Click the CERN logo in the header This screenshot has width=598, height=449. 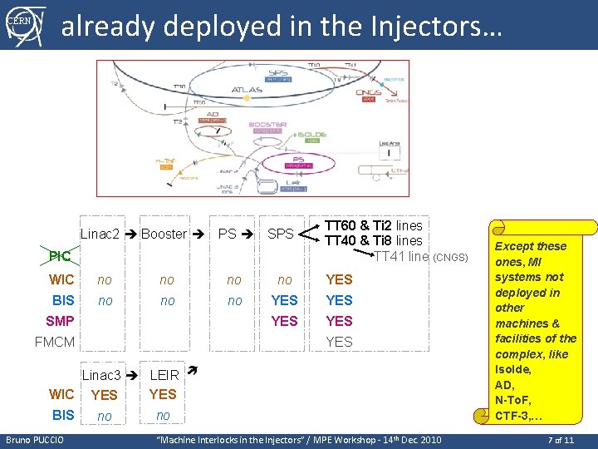point(24,24)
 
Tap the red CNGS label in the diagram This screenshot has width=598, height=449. point(368,93)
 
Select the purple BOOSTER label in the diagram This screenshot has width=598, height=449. point(267,126)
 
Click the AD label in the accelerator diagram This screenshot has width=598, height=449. point(213,115)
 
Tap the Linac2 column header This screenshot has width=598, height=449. point(100,234)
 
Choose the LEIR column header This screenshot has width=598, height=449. point(164,376)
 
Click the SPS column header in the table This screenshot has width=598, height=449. point(281,234)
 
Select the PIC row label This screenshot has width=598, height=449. point(60,257)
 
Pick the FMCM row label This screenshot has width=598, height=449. point(55,342)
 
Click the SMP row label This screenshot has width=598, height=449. point(60,321)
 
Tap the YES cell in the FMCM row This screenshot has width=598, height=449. point(339,342)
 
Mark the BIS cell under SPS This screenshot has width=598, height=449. point(285,300)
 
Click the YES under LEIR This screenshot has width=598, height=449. point(163,394)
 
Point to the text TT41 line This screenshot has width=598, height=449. point(402,256)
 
